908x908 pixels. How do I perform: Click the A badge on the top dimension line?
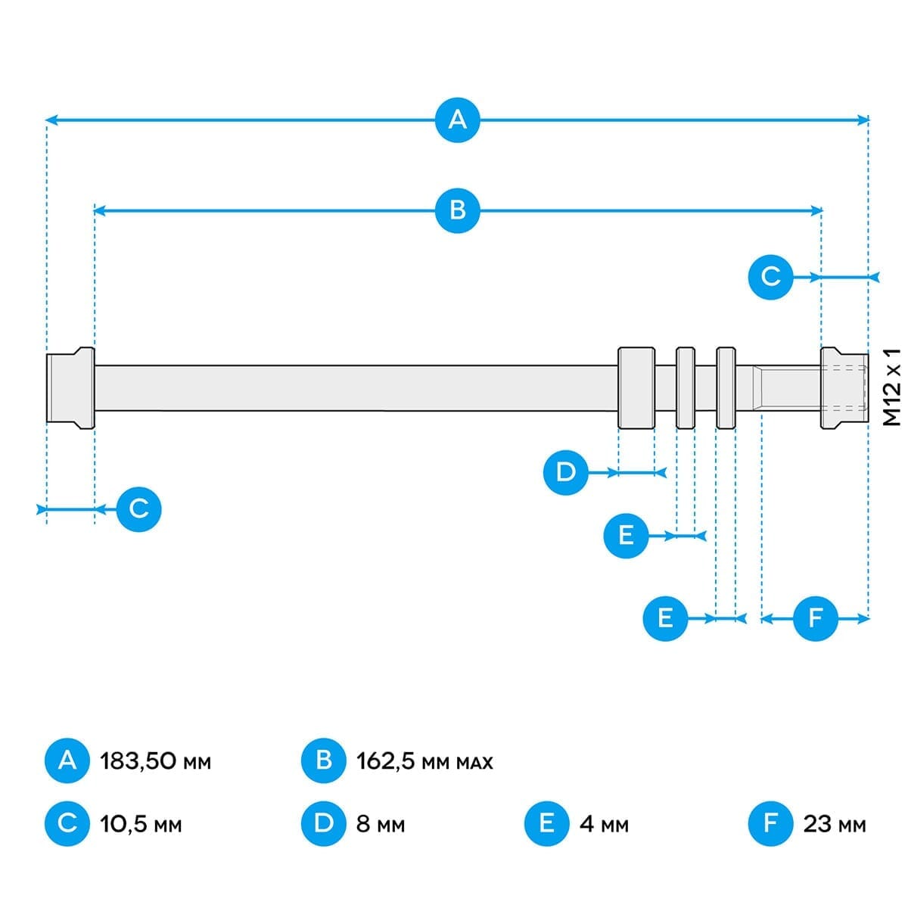[x=458, y=120]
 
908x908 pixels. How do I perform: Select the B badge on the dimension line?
[x=458, y=210]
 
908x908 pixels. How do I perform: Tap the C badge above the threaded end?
[x=770, y=277]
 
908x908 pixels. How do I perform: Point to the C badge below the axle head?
[x=139, y=508]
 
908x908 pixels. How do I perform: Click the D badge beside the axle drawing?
[x=566, y=473]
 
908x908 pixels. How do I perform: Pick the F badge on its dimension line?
[x=815, y=618]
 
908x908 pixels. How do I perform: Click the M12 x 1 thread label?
[x=893, y=387]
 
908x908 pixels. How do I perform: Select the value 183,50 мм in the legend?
[x=155, y=760]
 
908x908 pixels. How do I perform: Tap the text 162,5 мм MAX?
[x=424, y=760]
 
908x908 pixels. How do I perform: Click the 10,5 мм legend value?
[x=141, y=823]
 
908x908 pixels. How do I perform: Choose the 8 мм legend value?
[x=381, y=823]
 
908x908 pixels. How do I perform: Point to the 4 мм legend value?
[x=604, y=823]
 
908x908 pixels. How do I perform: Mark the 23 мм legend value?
[x=835, y=823]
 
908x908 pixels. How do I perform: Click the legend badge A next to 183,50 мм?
[x=67, y=760]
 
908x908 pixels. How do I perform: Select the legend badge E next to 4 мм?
[x=547, y=823]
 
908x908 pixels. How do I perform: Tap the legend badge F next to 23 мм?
[x=770, y=823]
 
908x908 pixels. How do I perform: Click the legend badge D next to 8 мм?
[x=324, y=823]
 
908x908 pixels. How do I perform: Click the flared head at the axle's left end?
[x=70, y=388]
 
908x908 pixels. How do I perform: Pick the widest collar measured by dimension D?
[x=636, y=388]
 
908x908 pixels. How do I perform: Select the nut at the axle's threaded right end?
[x=843, y=388]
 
